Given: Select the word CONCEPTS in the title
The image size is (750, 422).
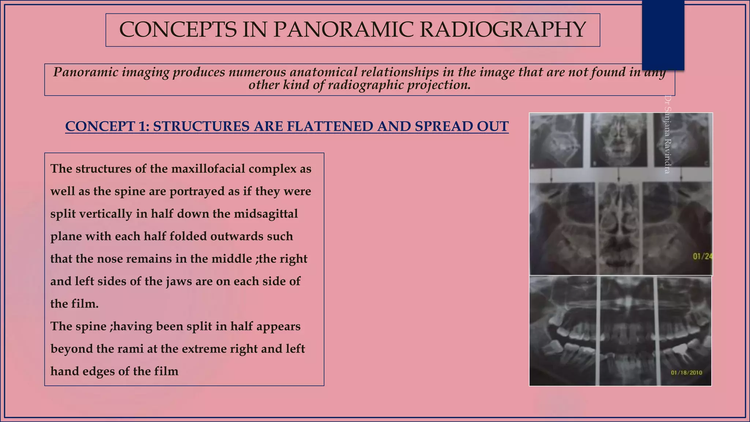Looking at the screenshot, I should pyautogui.click(x=178, y=30).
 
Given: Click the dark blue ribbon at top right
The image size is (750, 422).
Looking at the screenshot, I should pyautogui.click(x=663, y=35).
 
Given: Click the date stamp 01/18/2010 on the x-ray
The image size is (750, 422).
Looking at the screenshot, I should pyautogui.click(x=686, y=373).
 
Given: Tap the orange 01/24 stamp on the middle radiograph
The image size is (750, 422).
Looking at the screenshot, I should pyautogui.click(x=702, y=256).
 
